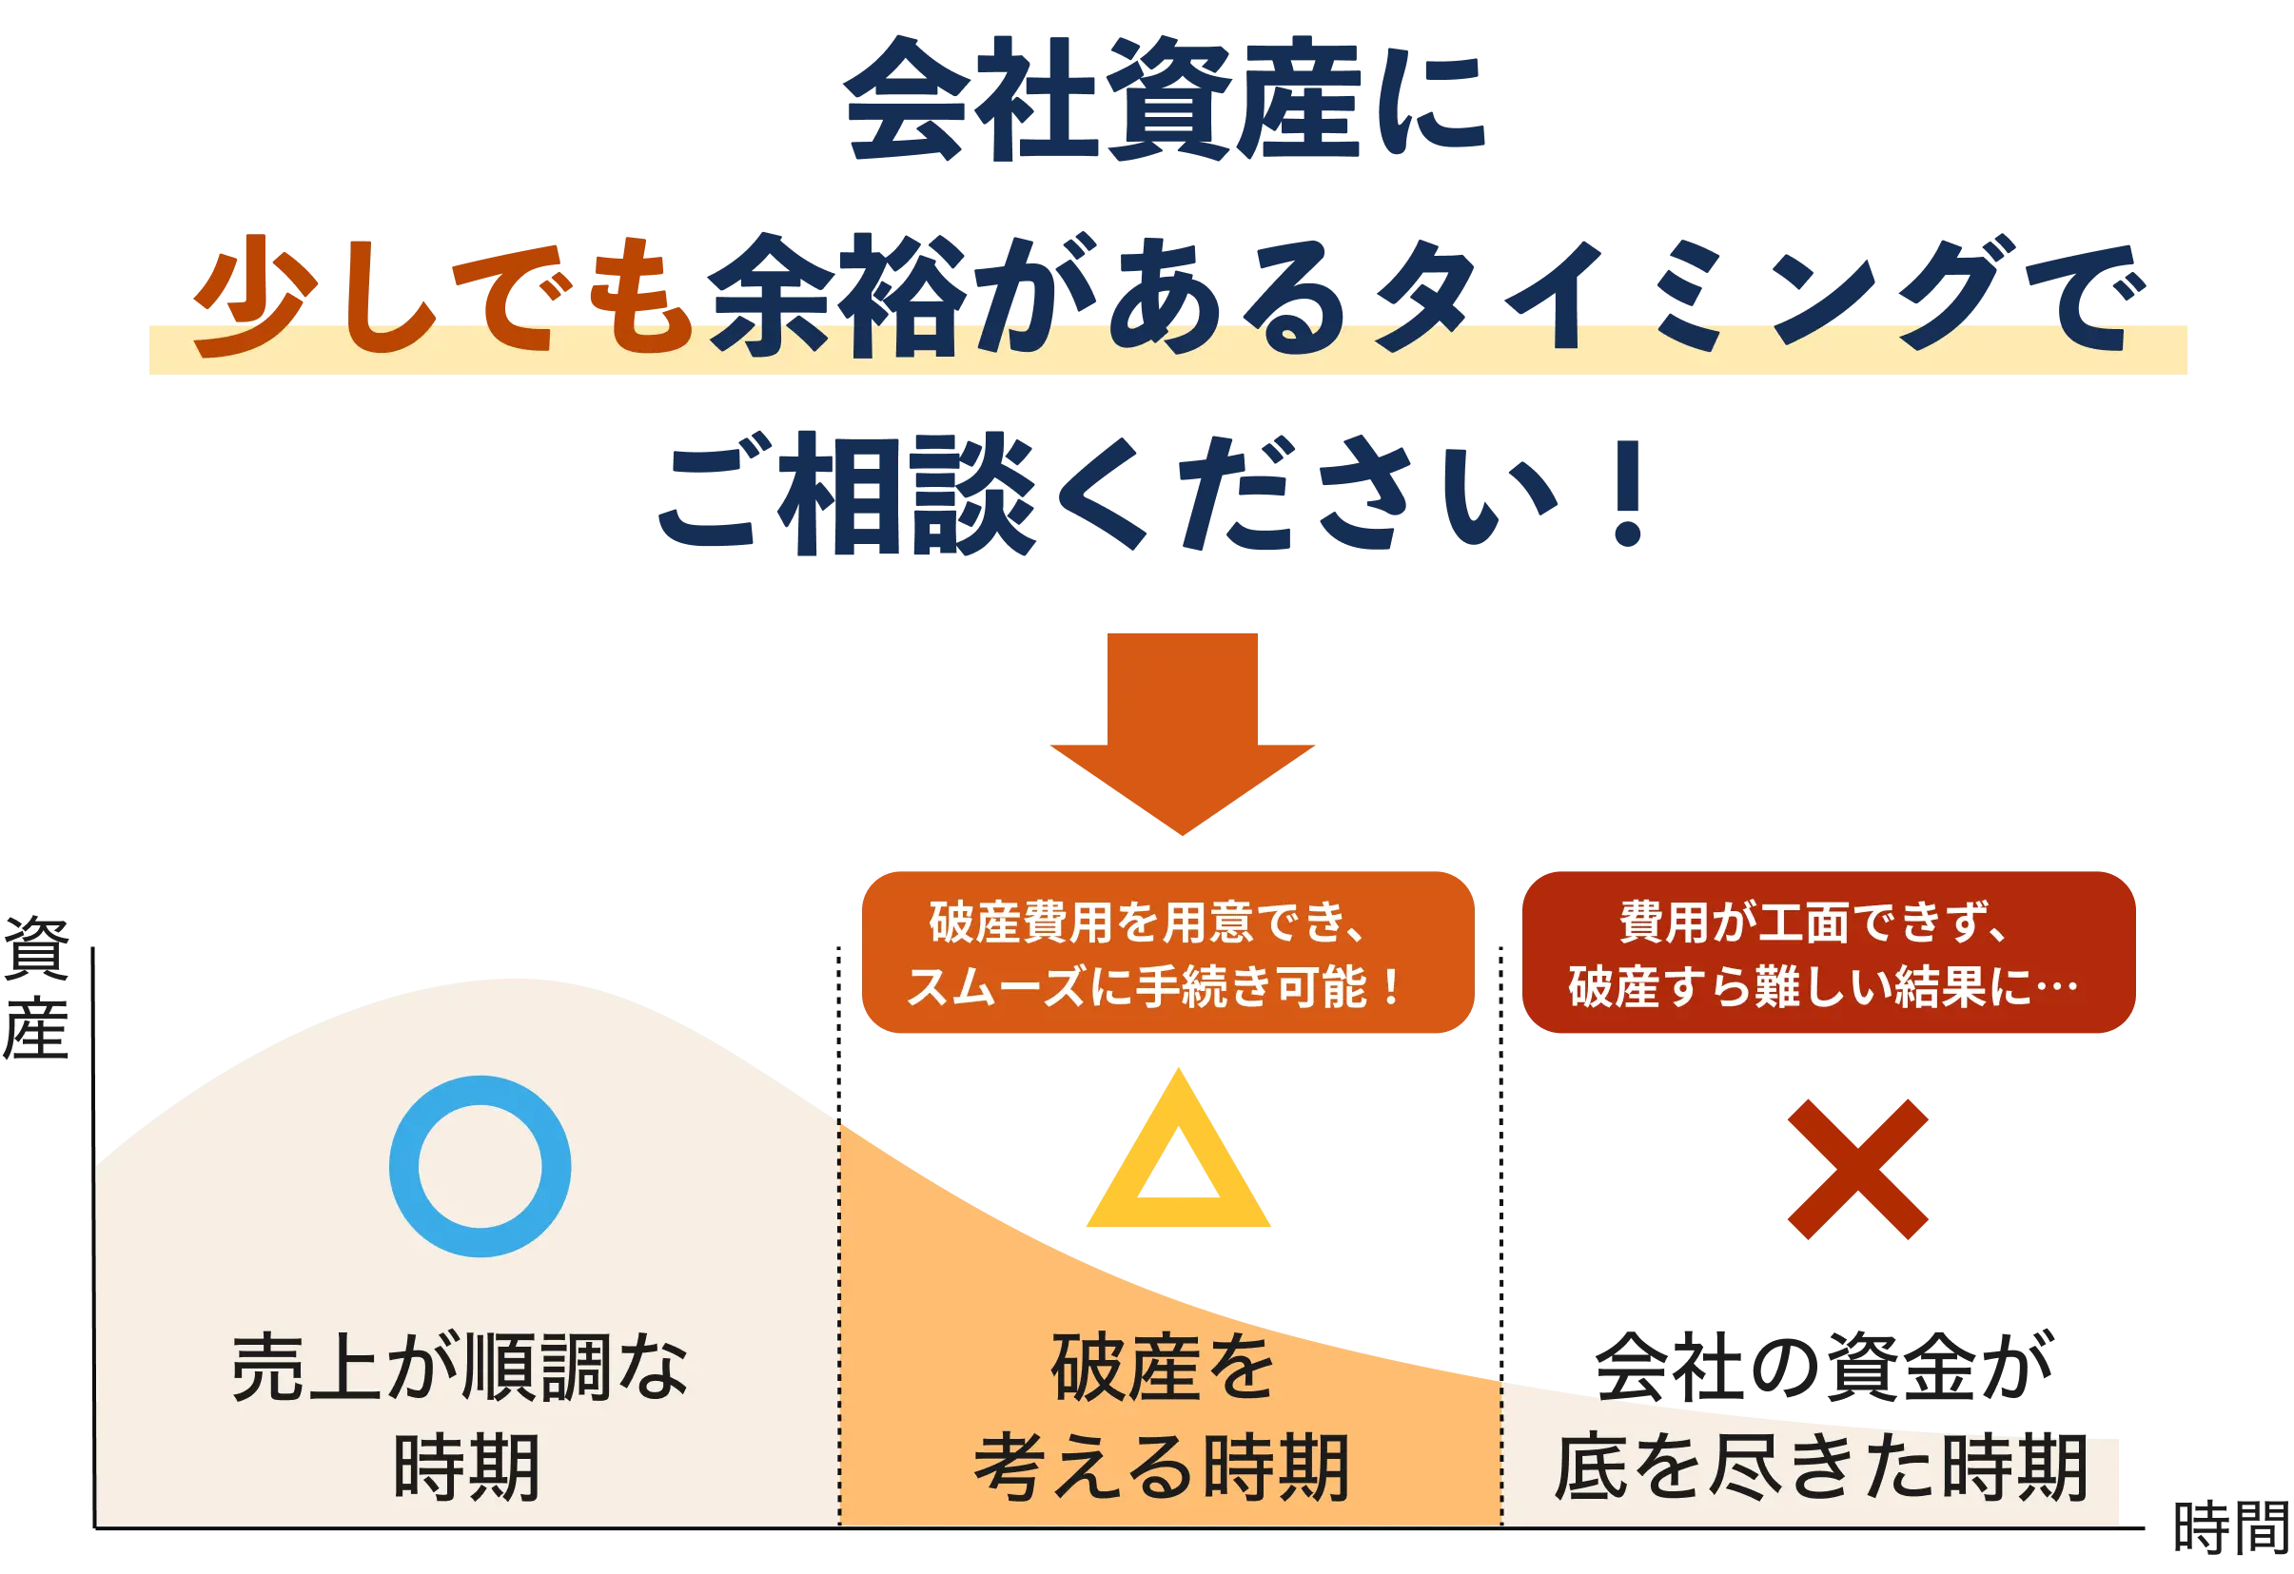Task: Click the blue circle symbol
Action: coord(480,1165)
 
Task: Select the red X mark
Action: coord(1856,1168)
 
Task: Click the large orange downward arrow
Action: coord(1181,730)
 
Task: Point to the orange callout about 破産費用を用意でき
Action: coord(1167,952)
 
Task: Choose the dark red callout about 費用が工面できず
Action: coord(1829,952)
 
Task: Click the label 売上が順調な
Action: coord(460,1368)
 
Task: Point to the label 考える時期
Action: coord(1161,1468)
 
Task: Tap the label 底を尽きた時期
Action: coord(1821,1468)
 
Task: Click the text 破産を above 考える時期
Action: coord(1163,1368)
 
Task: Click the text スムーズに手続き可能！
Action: coord(1155,986)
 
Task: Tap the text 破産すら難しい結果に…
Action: coord(1822,986)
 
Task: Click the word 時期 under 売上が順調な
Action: coord(466,1468)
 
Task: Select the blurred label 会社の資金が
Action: coord(1822,1368)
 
